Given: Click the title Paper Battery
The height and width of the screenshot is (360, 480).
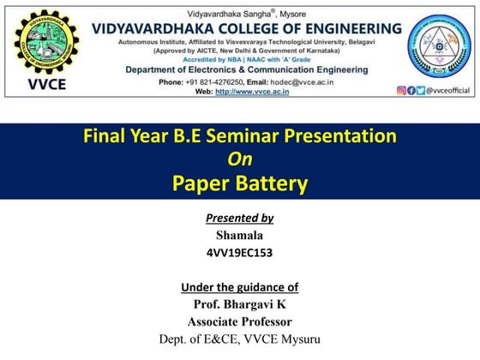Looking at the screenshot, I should [x=239, y=183].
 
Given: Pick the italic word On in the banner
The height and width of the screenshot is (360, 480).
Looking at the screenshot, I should [x=239, y=159].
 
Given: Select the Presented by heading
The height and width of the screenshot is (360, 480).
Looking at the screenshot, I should [x=239, y=218].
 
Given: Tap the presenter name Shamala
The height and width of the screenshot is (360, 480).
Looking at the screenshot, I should [x=239, y=235].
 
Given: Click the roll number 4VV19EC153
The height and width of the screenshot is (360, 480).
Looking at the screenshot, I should [x=239, y=253].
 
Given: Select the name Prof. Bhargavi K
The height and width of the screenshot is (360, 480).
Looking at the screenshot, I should [x=239, y=304].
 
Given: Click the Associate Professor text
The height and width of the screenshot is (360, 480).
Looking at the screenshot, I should [x=239, y=321].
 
